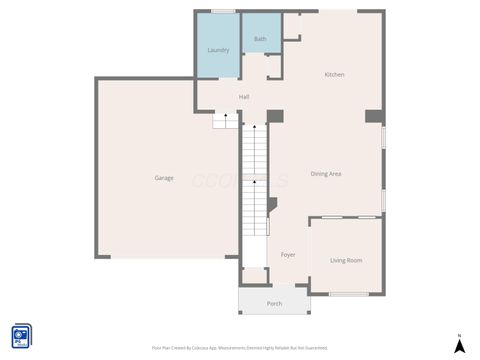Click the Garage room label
pyautogui.click(x=164, y=178)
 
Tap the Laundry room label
pyautogui.click(x=218, y=50)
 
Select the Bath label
pyautogui.click(x=260, y=39)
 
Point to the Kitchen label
pyautogui.click(x=334, y=75)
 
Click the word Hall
pyautogui.click(x=244, y=97)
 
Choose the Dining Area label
pyautogui.click(x=326, y=174)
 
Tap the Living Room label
pyautogui.click(x=346, y=261)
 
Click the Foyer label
pyautogui.click(x=288, y=255)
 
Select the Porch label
pyautogui.click(x=274, y=303)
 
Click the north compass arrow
pyautogui.click(x=459, y=346)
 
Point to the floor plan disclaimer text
pyautogui.click(x=239, y=348)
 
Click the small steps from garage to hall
pyautogui.click(x=226, y=121)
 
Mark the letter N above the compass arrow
pyautogui.click(x=459, y=335)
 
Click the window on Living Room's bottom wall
pyautogui.click(x=349, y=293)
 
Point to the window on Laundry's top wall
pyautogui.click(x=222, y=11)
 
